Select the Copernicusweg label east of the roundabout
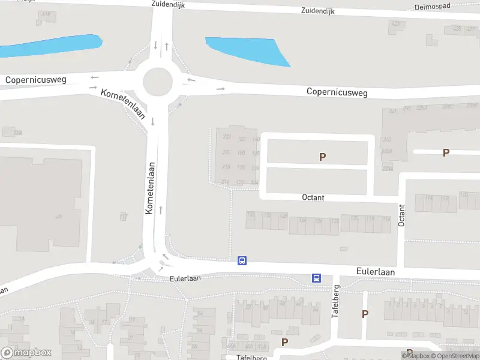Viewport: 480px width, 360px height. pyautogui.click(x=337, y=92)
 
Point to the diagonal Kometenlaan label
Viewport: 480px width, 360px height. pyautogui.click(x=124, y=104)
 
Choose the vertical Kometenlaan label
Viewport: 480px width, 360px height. pyautogui.click(x=150, y=188)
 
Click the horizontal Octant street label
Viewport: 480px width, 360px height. pyautogui.click(x=313, y=197)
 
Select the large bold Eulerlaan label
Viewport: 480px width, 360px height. pyautogui.click(x=375, y=272)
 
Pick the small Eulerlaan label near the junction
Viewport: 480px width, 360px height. pyautogui.click(x=184, y=278)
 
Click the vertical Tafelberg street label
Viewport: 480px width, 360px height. pyautogui.click(x=336, y=302)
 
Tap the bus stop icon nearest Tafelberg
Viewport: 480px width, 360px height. pyautogui.click(x=316, y=278)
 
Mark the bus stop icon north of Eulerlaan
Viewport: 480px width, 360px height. pyautogui.click(x=242, y=260)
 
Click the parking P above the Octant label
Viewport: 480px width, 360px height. pyautogui.click(x=322, y=157)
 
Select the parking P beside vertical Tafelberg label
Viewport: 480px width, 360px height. pyautogui.click(x=365, y=313)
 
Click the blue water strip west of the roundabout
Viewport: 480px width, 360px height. pyautogui.click(x=48, y=46)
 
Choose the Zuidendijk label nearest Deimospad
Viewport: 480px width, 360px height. pyautogui.click(x=317, y=11)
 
